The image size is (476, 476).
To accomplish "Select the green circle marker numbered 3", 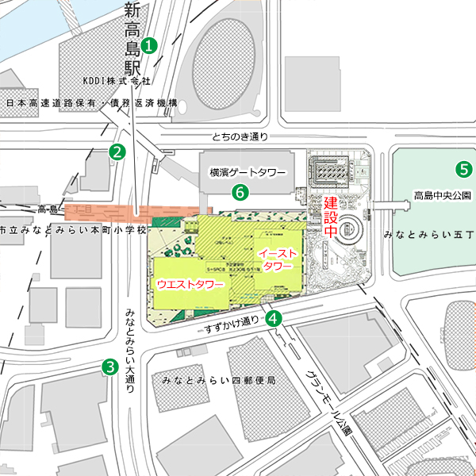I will pyautogui.click(x=109, y=367).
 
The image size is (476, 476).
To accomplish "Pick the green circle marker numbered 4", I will pyautogui.click(x=274, y=319).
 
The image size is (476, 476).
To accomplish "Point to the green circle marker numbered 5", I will pyautogui.click(x=463, y=168).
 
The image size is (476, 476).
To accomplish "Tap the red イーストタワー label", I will pyautogui.click(x=277, y=259).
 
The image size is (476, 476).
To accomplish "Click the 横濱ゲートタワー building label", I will pyautogui.click(x=247, y=172).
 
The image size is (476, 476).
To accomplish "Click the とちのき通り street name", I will pyautogui.click(x=240, y=136).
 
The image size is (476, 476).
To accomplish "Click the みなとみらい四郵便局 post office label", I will pyautogui.click(x=217, y=381).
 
